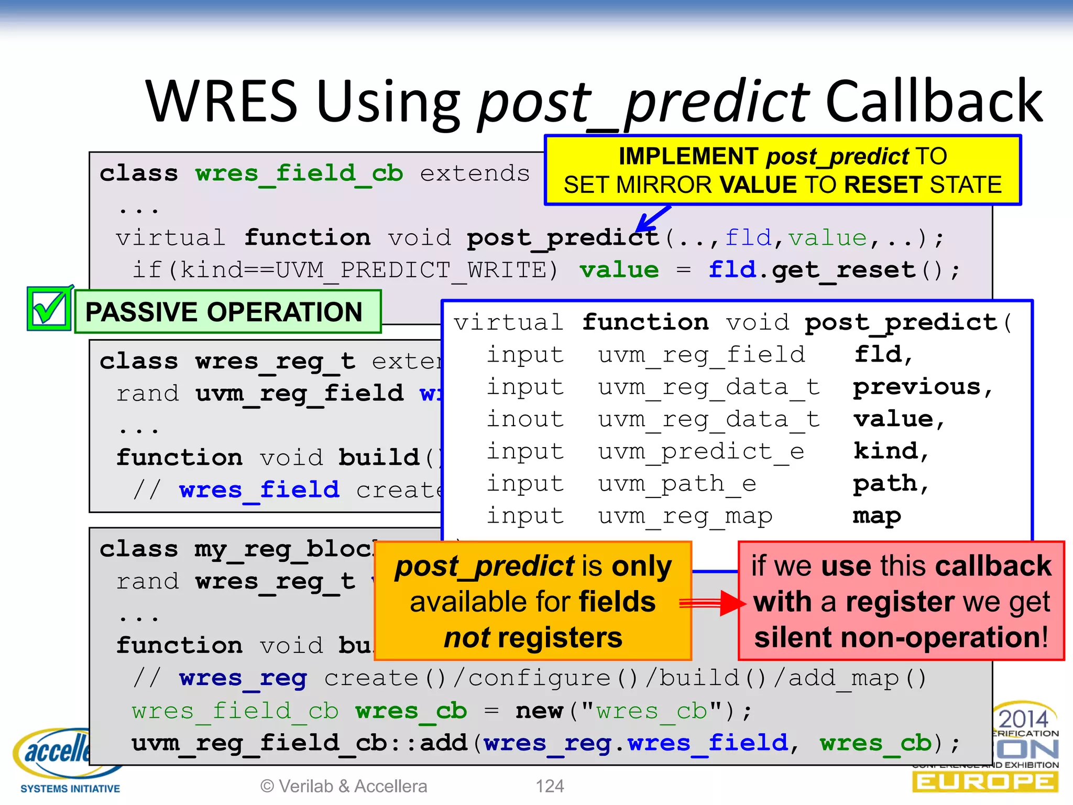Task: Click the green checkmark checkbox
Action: click(49, 309)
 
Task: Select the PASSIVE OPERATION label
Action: click(224, 312)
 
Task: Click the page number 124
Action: click(550, 786)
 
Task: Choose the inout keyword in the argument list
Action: click(525, 419)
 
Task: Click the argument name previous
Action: click(917, 387)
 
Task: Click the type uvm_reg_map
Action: click(685, 516)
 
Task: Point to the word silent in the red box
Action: click(792, 638)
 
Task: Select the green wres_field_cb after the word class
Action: click(299, 173)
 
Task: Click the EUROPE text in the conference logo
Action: click(985, 782)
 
